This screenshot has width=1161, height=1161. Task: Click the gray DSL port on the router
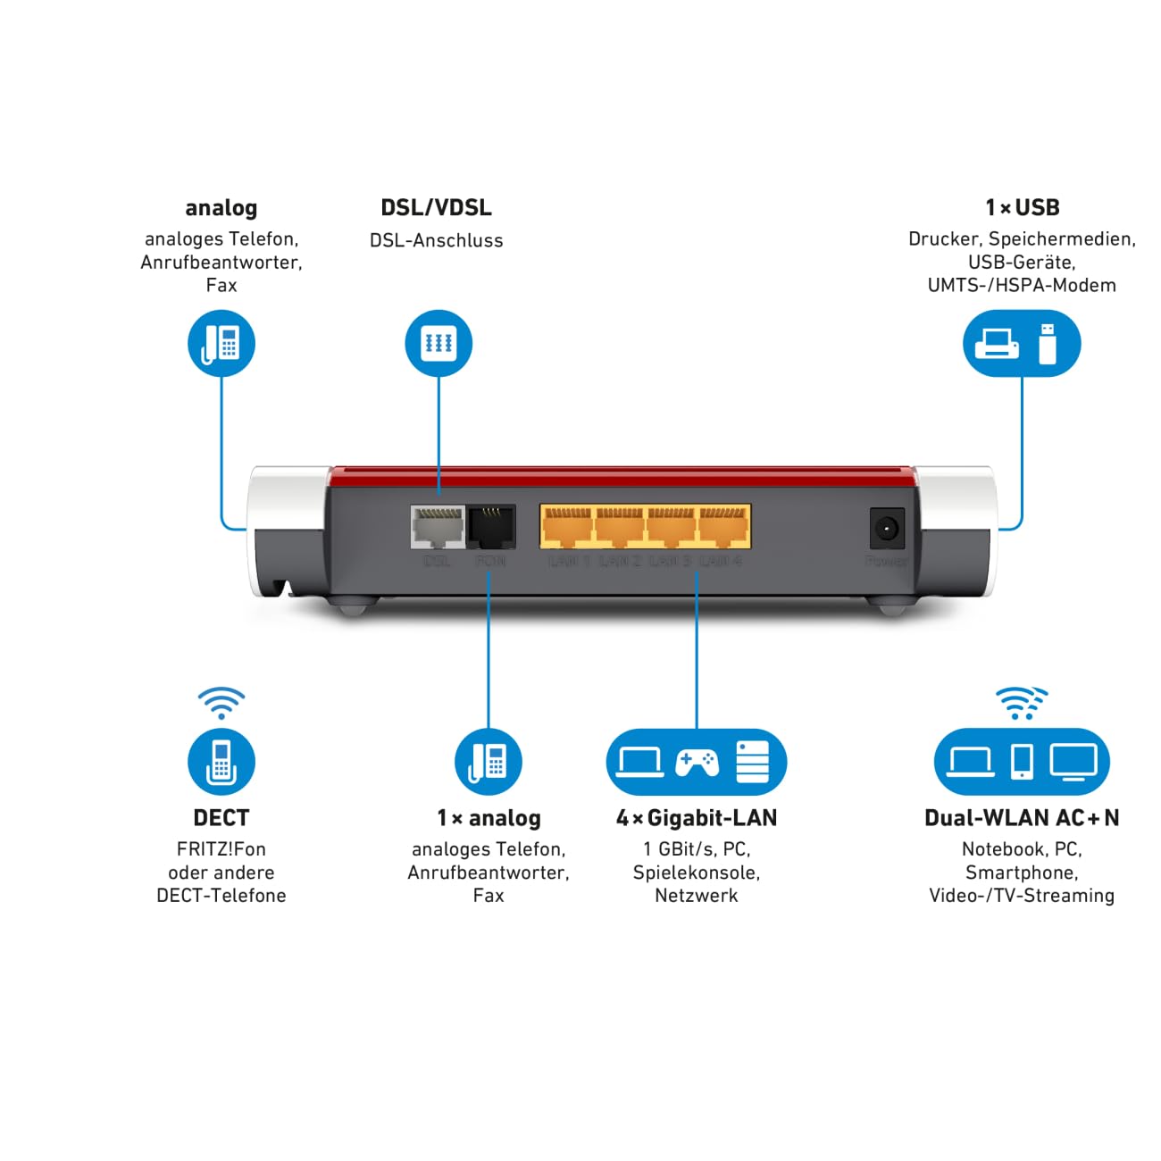point(437,528)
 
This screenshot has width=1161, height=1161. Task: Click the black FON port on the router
point(490,528)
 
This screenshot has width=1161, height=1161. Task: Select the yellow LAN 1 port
point(568,528)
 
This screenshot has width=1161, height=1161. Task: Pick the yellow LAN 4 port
point(723,528)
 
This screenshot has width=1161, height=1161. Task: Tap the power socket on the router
point(887,529)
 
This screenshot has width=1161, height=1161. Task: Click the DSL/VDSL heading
point(436,208)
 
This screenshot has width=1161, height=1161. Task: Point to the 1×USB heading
point(1022,208)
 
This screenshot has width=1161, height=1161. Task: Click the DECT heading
point(221,818)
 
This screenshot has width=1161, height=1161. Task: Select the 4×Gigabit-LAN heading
point(697,818)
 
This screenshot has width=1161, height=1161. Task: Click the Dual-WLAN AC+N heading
point(1022,818)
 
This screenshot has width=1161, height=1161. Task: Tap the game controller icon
point(697,762)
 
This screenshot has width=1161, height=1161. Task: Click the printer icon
point(997,343)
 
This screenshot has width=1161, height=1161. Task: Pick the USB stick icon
point(1047,344)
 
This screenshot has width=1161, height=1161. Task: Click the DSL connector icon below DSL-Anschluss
point(439,344)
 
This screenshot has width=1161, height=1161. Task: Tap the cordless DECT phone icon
point(221,762)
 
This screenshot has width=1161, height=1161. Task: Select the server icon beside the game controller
point(752,762)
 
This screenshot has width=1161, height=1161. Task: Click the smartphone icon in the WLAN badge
point(1022,762)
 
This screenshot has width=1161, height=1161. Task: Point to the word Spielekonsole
point(697,873)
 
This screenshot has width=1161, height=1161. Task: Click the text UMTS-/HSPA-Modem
point(1022,286)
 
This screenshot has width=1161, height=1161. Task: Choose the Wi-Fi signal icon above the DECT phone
point(221,703)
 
